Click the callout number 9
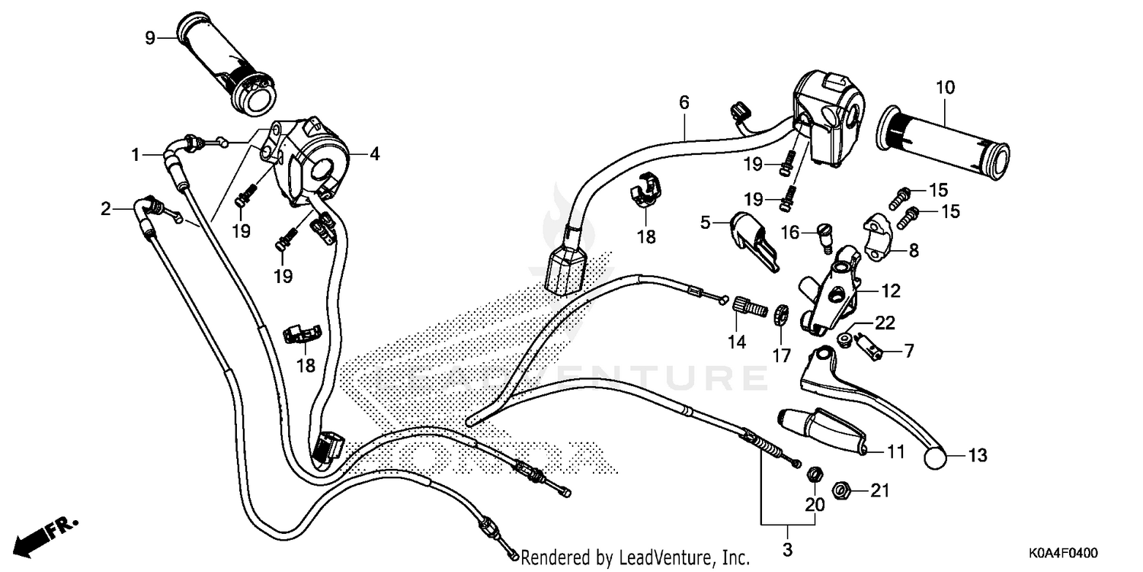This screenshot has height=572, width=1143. [150, 37]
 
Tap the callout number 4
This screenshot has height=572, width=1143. [374, 154]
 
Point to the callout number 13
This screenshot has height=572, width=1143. [977, 456]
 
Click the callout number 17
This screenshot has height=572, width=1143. [782, 355]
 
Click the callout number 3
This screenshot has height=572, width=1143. [787, 549]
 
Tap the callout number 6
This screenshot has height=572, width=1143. [684, 102]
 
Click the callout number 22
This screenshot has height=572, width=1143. [884, 323]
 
